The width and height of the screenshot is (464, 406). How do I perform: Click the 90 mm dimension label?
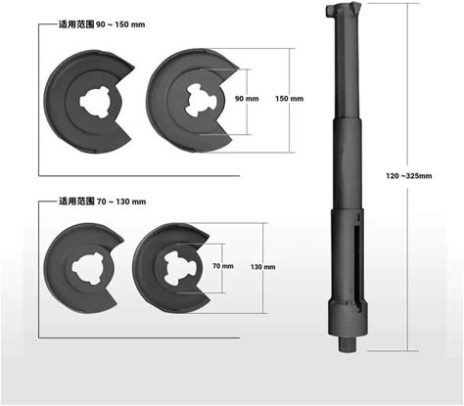click(x=247, y=99)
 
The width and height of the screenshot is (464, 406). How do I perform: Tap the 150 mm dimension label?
click(x=289, y=99)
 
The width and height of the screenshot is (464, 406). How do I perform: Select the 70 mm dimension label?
click(x=223, y=266)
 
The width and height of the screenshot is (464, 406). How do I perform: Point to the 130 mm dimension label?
click(x=263, y=267)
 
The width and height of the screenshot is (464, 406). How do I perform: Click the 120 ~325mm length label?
click(x=409, y=176)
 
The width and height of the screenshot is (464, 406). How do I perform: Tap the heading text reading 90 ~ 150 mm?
click(x=120, y=24)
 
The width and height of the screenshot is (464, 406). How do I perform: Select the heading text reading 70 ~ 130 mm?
click(x=121, y=202)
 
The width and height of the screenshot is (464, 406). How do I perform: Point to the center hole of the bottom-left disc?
click(x=88, y=267)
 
